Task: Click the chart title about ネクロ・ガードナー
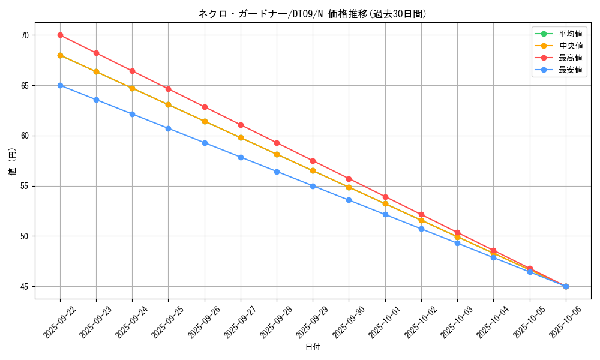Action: pos(313,14)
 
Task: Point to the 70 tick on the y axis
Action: pos(25,35)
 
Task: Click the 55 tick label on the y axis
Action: pos(25,186)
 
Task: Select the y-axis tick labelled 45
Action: pos(25,287)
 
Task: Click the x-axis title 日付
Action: pos(313,347)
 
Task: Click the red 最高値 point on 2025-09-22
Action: pos(60,35)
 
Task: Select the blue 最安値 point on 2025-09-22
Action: pos(60,85)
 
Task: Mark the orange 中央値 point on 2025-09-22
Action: pos(60,55)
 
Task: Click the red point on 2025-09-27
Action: pos(241,125)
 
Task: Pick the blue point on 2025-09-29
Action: pos(313,186)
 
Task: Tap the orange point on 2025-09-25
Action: pos(168,104)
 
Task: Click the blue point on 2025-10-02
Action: pos(421,229)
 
